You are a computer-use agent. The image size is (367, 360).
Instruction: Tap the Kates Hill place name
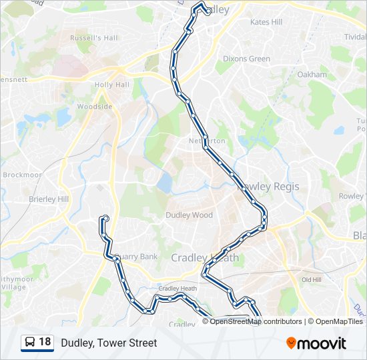[266, 22]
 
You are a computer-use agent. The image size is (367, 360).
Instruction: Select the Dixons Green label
[247, 59]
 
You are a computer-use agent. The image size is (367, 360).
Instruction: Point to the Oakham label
[312, 75]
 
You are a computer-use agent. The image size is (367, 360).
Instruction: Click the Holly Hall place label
[112, 85]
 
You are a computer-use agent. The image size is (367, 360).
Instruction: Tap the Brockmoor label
[22, 175]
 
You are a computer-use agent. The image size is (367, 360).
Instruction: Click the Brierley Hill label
[49, 199]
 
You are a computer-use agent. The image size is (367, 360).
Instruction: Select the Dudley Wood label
[189, 215]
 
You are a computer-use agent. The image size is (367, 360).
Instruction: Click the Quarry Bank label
[138, 256]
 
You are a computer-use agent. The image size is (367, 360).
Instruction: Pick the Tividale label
[355, 37]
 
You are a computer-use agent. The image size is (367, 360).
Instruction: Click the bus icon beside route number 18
[30, 343]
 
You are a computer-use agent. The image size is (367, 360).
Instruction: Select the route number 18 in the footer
[45, 342]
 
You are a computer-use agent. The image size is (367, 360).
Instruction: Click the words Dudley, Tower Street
[109, 343]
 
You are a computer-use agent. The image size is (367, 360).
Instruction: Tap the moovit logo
[316, 343]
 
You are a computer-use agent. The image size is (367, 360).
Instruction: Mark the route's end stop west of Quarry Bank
[104, 218]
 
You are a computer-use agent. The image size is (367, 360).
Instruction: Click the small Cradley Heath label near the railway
[177, 288]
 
